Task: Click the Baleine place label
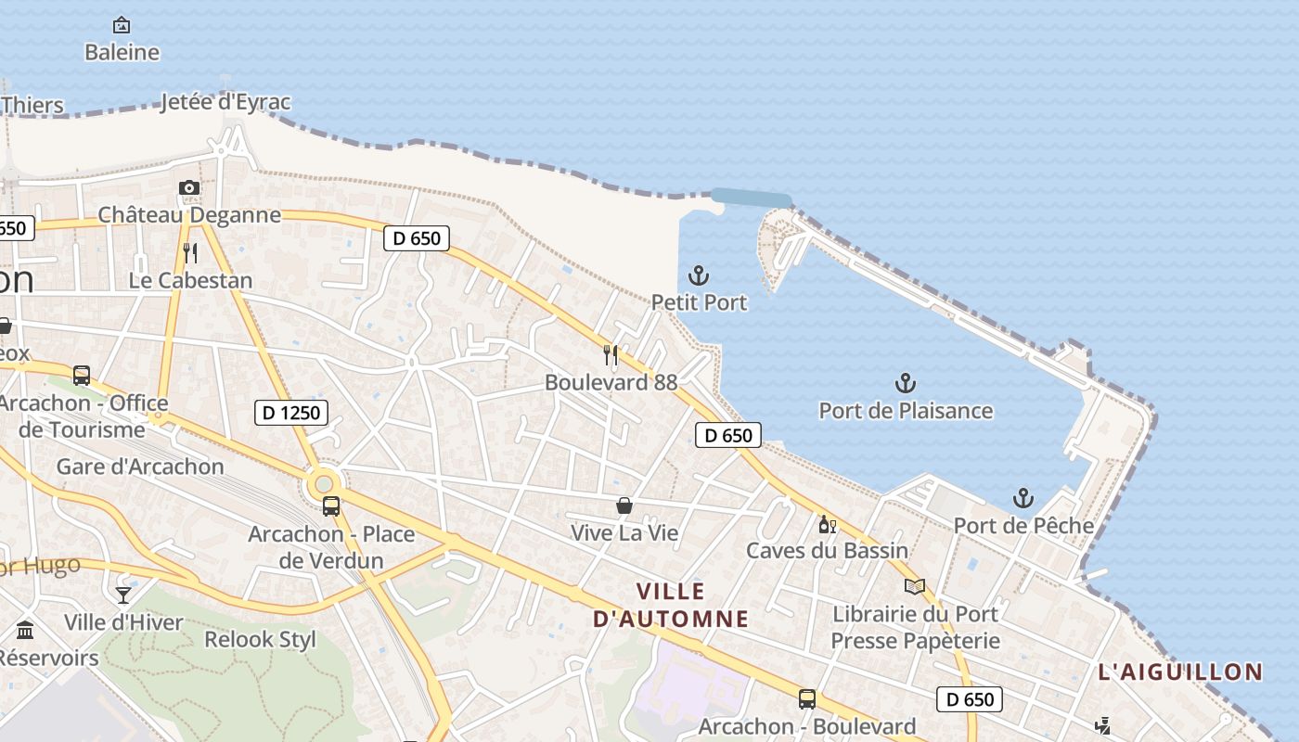click(x=122, y=53)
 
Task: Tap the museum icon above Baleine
click(x=122, y=25)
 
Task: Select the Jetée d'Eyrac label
click(x=225, y=102)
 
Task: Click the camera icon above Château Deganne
click(x=189, y=188)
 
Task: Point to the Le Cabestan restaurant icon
click(x=190, y=252)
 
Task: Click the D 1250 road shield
click(x=291, y=413)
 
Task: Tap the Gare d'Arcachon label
click(x=140, y=467)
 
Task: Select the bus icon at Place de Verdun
click(x=331, y=506)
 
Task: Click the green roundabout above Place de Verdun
click(x=324, y=482)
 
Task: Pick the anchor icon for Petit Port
click(x=699, y=275)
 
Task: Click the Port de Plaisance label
click(x=906, y=411)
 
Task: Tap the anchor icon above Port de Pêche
click(x=1022, y=498)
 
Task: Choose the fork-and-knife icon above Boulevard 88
click(x=611, y=354)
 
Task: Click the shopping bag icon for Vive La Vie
click(x=624, y=505)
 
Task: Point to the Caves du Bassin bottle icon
click(x=827, y=524)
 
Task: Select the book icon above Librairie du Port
click(x=915, y=586)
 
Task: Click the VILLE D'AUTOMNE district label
click(x=671, y=605)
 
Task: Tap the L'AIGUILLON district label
click(x=1180, y=672)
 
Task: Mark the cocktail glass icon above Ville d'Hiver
click(x=123, y=595)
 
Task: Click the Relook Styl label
click(x=260, y=640)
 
